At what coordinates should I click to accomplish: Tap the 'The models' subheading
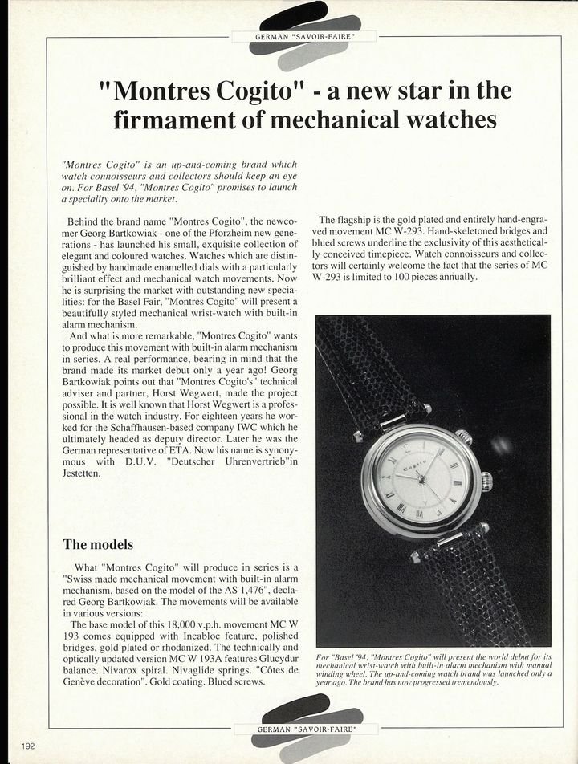click(98, 544)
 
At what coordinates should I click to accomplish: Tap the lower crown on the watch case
click(486, 482)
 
